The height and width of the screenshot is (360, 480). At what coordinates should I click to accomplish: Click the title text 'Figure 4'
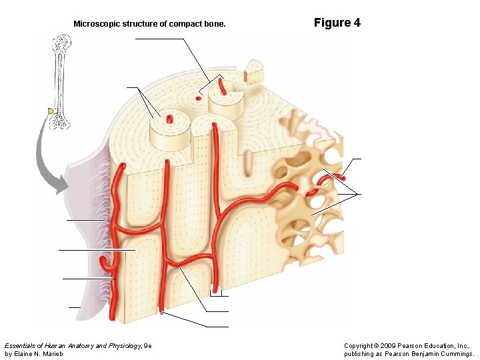[x=337, y=23]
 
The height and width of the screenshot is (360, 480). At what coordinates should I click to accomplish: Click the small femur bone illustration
[x=61, y=80]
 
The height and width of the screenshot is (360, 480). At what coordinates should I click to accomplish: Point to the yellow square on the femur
[x=50, y=110]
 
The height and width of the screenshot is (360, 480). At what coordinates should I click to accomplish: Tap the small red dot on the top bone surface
[x=198, y=98]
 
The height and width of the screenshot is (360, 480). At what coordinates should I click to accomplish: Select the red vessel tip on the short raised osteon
[x=170, y=119]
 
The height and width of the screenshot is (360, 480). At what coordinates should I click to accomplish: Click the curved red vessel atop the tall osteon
[x=221, y=86]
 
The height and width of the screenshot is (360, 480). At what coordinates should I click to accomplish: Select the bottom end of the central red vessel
[x=162, y=309]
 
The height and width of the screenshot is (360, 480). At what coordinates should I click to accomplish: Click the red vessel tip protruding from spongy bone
[x=339, y=177]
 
